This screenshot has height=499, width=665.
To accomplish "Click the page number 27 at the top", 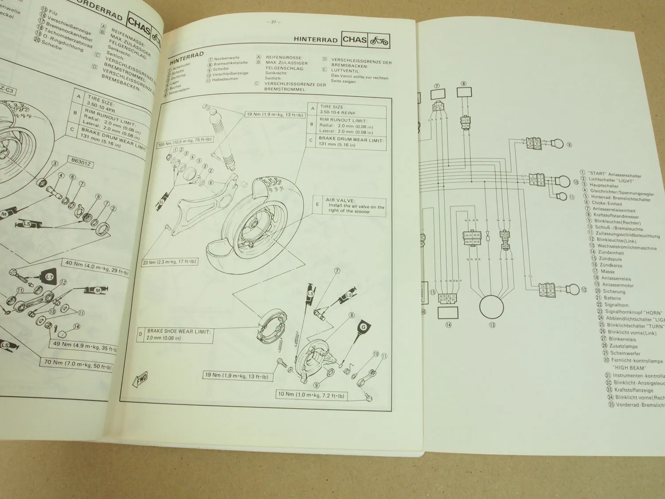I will point(274,22).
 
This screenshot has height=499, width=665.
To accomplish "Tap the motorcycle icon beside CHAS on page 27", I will point(379,41).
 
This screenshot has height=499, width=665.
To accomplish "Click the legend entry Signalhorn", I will point(616,305).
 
